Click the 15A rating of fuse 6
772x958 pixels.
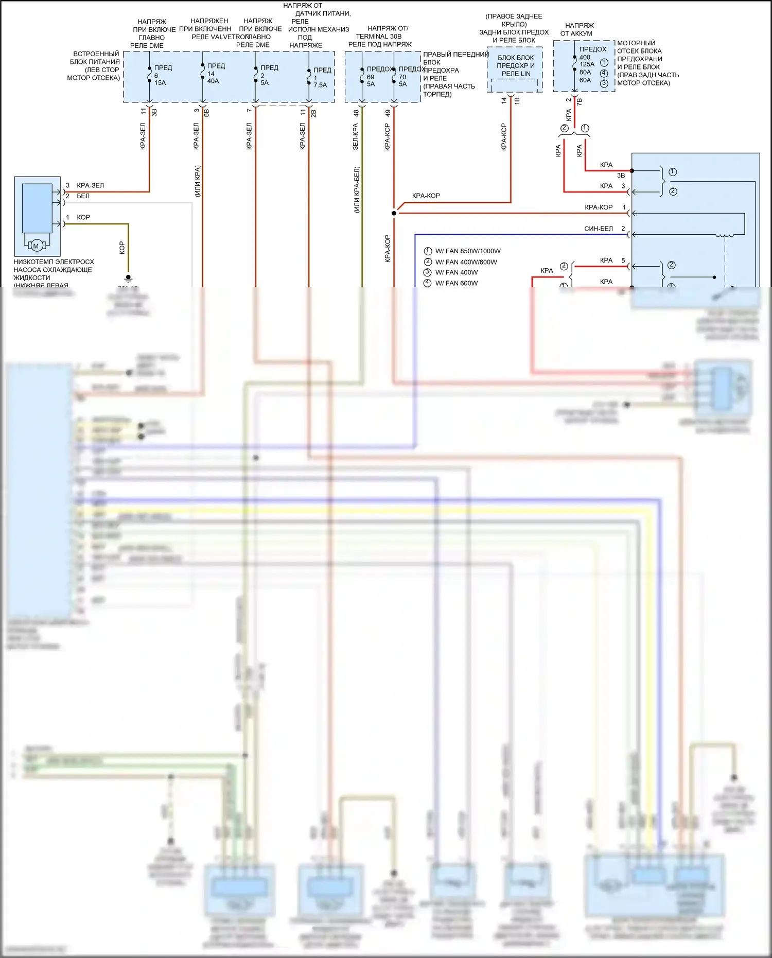click(x=160, y=83)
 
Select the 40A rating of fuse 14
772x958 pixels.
click(x=213, y=81)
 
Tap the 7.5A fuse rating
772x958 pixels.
click(x=320, y=85)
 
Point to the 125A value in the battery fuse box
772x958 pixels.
click(x=587, y=64)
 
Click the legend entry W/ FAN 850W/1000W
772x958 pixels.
click(x=467, y=251)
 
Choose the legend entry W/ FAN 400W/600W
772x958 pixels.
click(x=466, y=262)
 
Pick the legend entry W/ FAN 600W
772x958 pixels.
click(x=456, y=283)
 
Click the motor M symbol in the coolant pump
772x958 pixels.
click(x=36, y=246)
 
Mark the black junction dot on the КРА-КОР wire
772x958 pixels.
click(x=394, y=213)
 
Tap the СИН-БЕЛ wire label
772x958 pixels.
click(x=598, y=229)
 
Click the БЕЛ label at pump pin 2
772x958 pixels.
click(x=83, y=196)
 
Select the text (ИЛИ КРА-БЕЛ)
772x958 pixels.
click(x=357, y=189)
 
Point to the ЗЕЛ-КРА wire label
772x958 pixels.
click(x=355, y=136)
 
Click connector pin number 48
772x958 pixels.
click(x=356, y=113)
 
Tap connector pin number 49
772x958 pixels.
click(x=388, y=113)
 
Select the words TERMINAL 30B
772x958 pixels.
click(x=378, y=37)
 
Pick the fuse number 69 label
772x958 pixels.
click(x=371, y=77)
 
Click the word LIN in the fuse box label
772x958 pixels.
click(x=525, y=74)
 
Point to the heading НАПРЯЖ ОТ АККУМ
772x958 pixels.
click(x=578, y=29)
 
